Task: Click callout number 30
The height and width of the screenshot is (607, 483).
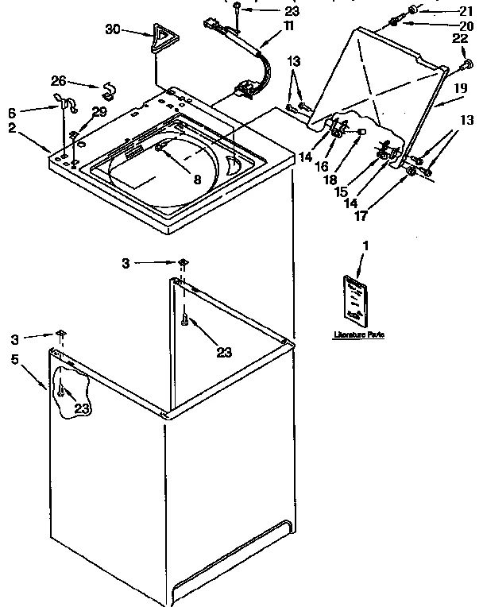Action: [x=113, y=29]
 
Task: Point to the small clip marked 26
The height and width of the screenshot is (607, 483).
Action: [x=106, y=87]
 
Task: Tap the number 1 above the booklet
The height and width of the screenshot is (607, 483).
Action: [x=365, y=247]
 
